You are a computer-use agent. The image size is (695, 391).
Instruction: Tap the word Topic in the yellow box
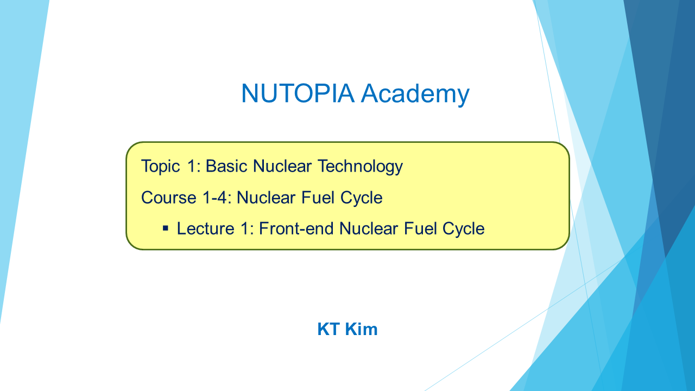[160, 167]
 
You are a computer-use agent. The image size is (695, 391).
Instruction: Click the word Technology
[360, 167]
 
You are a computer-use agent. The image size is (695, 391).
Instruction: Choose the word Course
[169, 198]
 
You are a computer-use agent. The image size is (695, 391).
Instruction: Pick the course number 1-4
[215, 198]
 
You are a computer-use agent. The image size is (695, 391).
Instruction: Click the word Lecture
[205, 229]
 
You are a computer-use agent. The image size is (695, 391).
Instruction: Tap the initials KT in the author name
[328, 329]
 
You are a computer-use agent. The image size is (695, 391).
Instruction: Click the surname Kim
[361, 329]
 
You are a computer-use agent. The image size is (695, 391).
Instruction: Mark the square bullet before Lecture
[166, 229]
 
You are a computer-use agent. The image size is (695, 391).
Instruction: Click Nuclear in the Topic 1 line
[282, 166]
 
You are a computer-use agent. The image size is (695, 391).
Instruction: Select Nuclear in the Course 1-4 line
[266, 198]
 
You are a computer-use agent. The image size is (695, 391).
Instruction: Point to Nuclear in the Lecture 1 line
[368, 229]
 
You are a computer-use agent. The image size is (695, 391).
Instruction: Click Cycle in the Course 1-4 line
[362, 198]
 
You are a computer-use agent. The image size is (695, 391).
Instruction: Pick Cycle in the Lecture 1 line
[464, 229]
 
